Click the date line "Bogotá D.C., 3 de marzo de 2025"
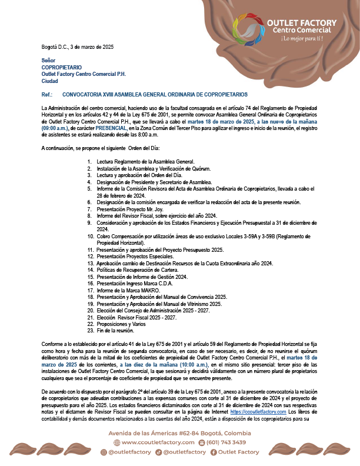point(78,46)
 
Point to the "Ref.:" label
point(48,94)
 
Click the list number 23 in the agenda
point(91,331)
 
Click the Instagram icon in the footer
point(104,452)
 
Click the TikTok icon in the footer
point(159,452)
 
